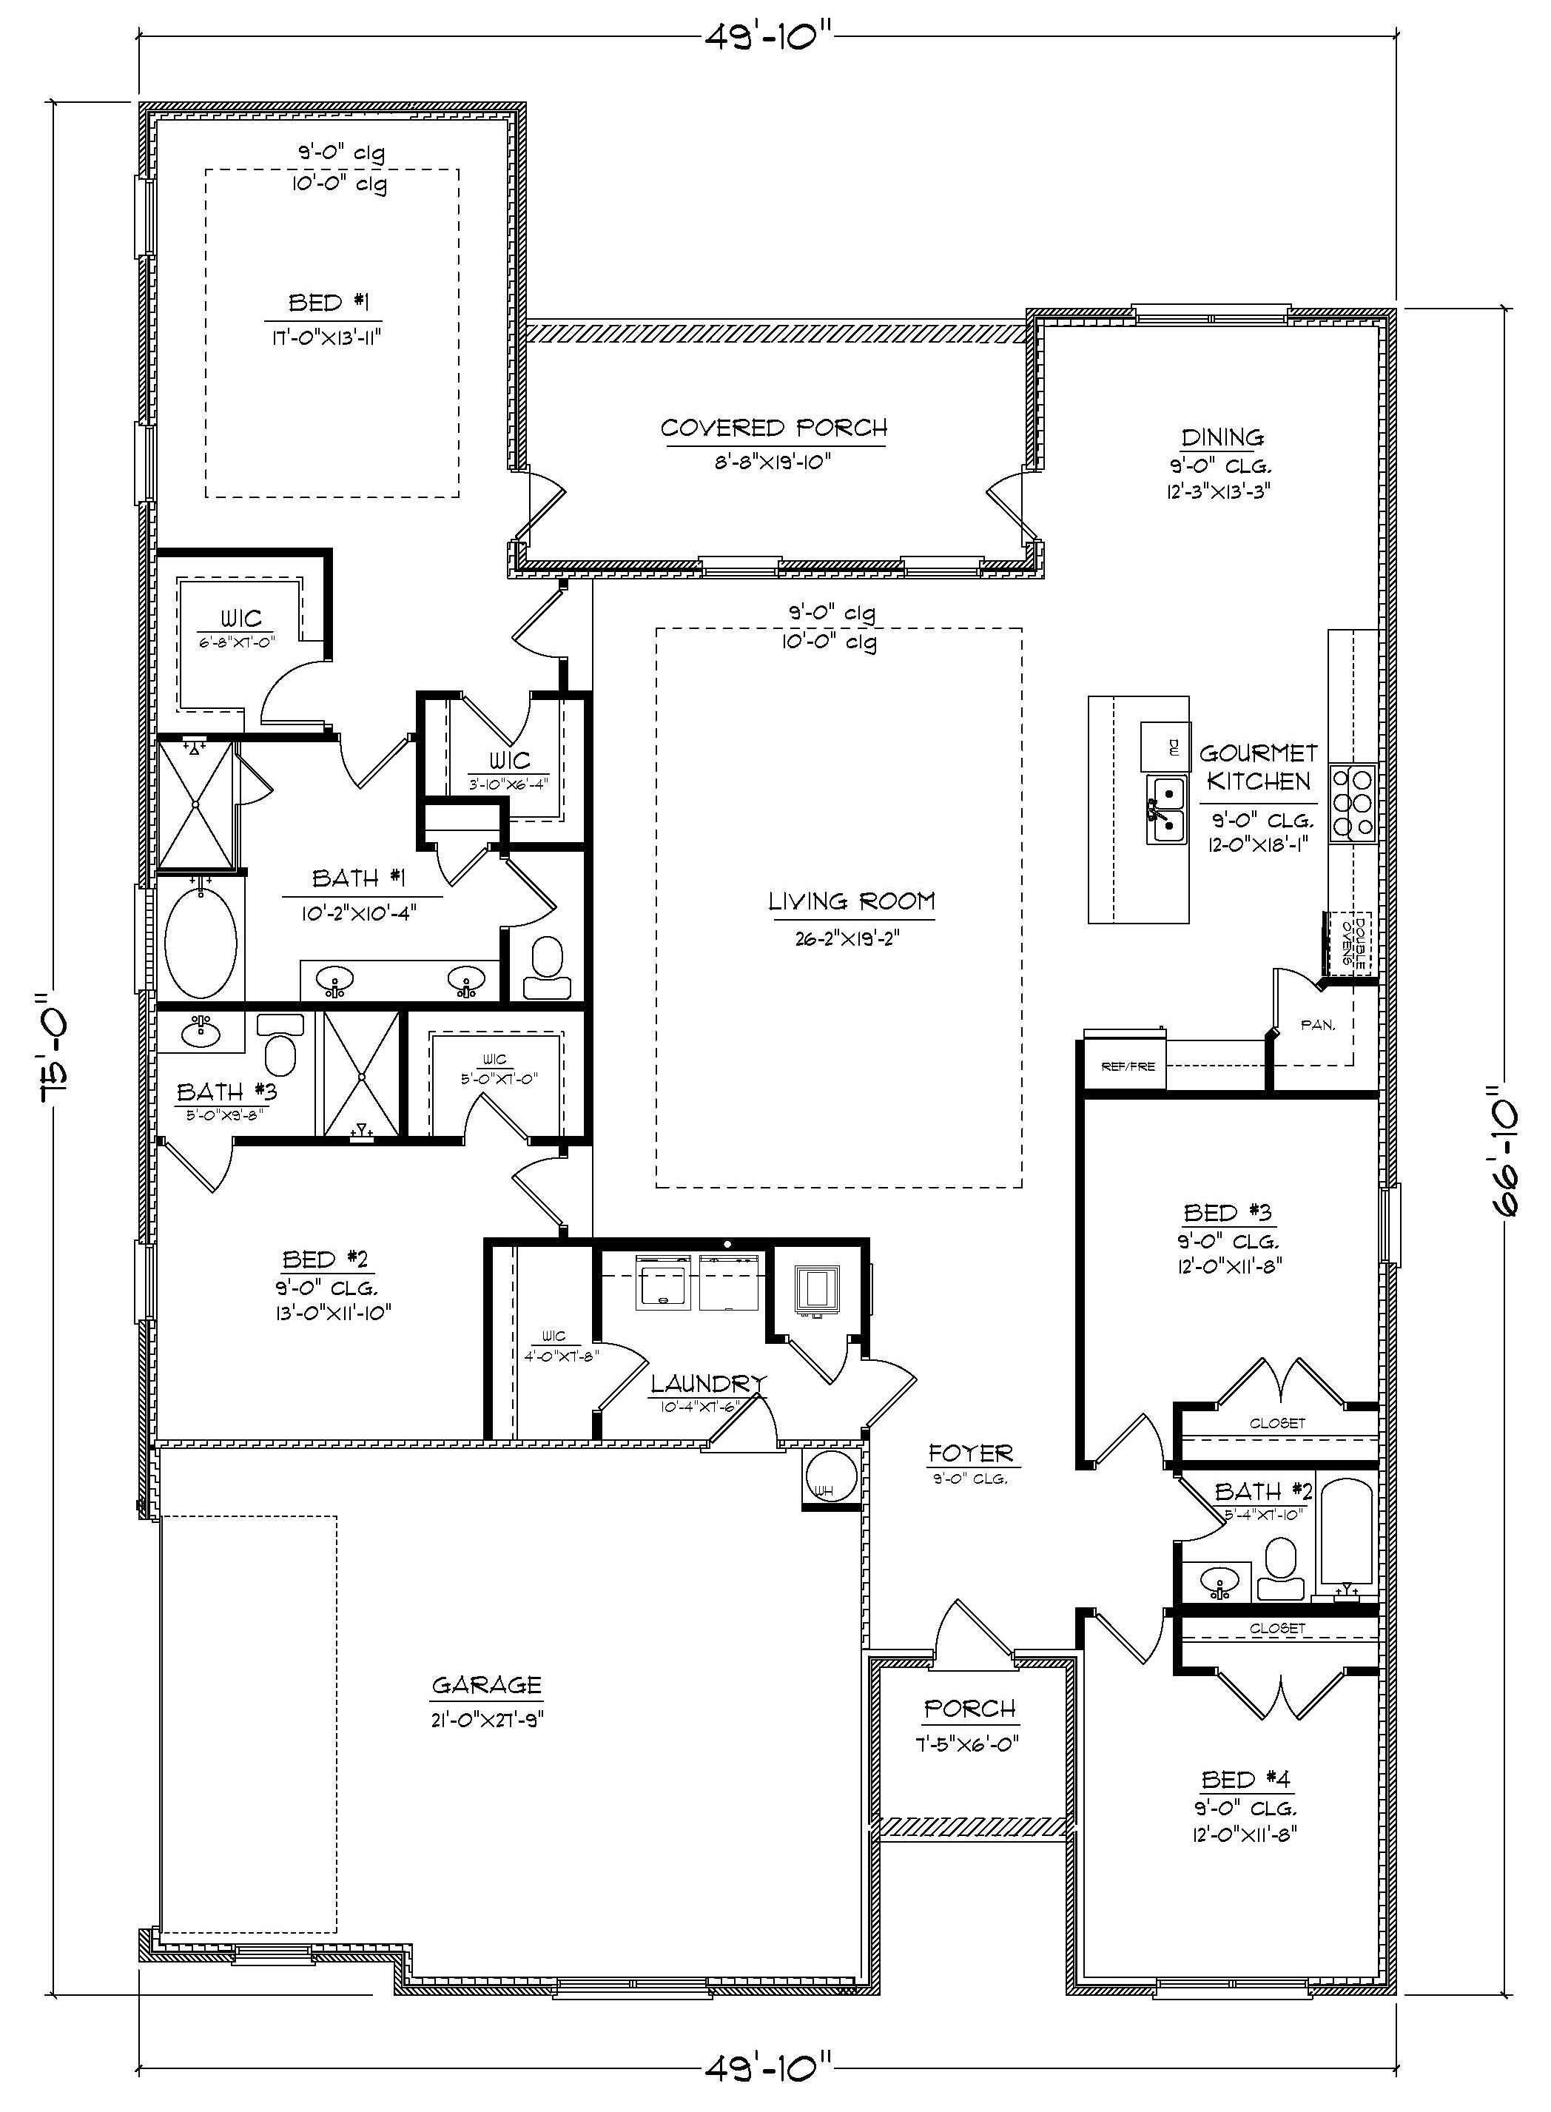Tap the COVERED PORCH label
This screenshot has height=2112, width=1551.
click(x=773, y=428)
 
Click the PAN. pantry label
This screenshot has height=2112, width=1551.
click(x=1317, y=1026)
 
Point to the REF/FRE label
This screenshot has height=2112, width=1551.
click(x=1127, y=1066)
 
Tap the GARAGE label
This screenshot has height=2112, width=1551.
click(x=486, y=1685)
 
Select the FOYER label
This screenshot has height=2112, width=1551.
click(x=970, y=1454)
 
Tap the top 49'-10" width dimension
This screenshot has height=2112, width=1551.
click(x=769, y=38)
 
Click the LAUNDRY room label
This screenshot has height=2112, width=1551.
click(x=708, y=1382)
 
